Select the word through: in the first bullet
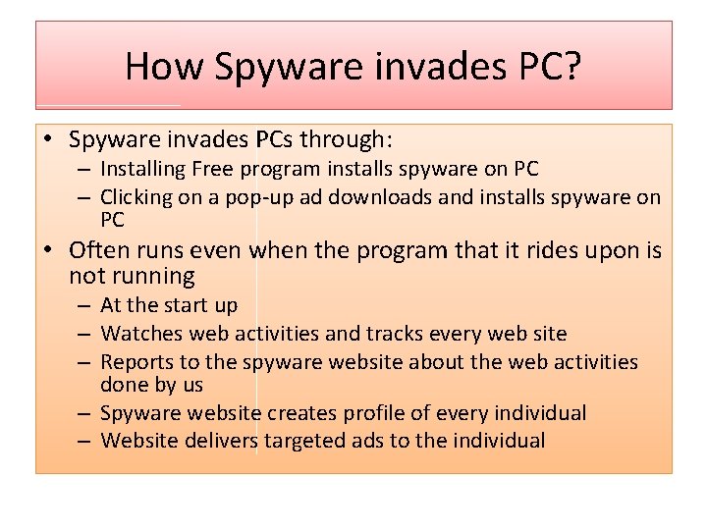click(351, 139)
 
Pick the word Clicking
click(138, 196)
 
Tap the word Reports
click(137, 362)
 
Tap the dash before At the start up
click(86, 306)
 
